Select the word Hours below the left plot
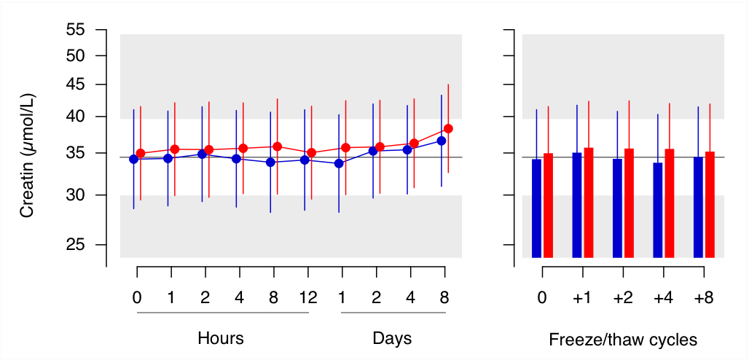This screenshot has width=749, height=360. point(221,338)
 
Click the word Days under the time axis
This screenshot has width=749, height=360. point(392,338)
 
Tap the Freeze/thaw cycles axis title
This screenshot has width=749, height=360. point(623,340)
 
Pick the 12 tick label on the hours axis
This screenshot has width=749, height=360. point(308,297)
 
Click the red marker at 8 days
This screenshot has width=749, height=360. point(448,128)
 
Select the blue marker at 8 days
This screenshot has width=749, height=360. point(442,141)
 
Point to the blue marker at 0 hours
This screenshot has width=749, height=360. point(134,159)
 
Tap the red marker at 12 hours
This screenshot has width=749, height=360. point(311,153)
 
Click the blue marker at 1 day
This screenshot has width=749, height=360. point(339,163)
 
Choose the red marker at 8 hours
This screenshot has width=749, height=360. point(277,146)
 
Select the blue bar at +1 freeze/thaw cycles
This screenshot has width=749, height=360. point(577,205)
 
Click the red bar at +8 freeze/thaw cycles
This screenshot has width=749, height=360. point(710,205)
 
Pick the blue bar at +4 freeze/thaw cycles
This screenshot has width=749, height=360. point(658,211)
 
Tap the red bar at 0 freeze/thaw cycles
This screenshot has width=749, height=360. point(548,206)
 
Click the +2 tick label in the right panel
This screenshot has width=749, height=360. point(623,297)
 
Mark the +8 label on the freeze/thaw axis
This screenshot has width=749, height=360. point(704,297)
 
